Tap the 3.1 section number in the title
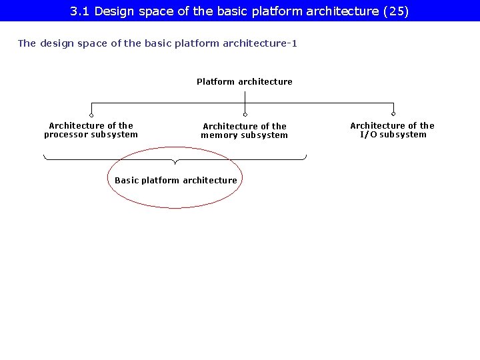(80, 11)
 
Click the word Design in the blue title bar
(115, 11)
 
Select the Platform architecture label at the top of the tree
(244, 82)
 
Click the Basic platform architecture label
(175, 181)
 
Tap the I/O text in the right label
(368, 135)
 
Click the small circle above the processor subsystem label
(91, 115)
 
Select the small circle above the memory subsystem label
(245, 115)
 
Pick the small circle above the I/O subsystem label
(393, 114)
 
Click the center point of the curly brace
(175, 162)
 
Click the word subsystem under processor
(114, 135)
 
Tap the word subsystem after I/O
(403, 135)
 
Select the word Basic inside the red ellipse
(126, 181)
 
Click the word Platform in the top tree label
(215, 82)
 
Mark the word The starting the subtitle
(27, 44)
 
